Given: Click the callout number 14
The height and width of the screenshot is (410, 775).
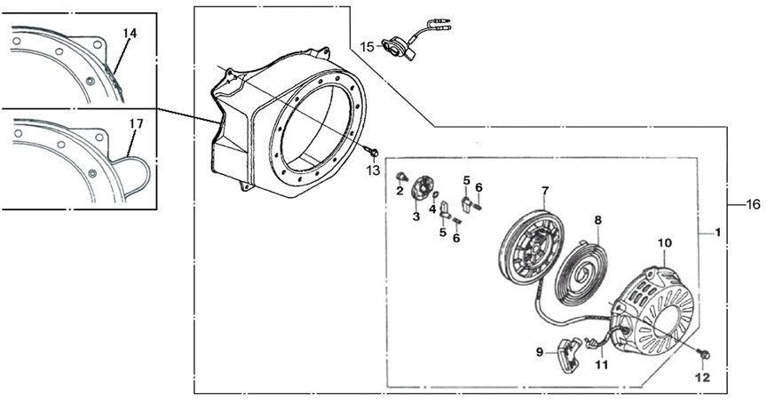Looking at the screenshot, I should (x=130, y=33).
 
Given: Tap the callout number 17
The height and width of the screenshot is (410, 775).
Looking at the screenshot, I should (x=136, y=125).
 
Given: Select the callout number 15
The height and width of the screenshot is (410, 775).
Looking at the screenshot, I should (x=368, y=45).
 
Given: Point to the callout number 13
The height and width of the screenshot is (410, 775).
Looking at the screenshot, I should (x=373, y=170).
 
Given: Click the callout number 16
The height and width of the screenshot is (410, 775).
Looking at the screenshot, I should (x=753, y=205).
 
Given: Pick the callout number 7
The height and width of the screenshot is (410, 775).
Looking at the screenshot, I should (x=545, y=190).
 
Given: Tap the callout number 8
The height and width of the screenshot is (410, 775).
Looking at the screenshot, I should (x=597, y=219).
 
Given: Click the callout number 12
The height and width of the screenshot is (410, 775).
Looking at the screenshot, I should (x=703, y=377).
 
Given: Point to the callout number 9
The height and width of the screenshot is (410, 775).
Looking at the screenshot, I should (x=539, y=351).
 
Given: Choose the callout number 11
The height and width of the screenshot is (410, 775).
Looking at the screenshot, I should (x=602, y=363).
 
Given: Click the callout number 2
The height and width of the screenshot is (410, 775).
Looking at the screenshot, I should (x=399, y=190).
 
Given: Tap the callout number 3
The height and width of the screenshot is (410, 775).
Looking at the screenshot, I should (x=415, y=216).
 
